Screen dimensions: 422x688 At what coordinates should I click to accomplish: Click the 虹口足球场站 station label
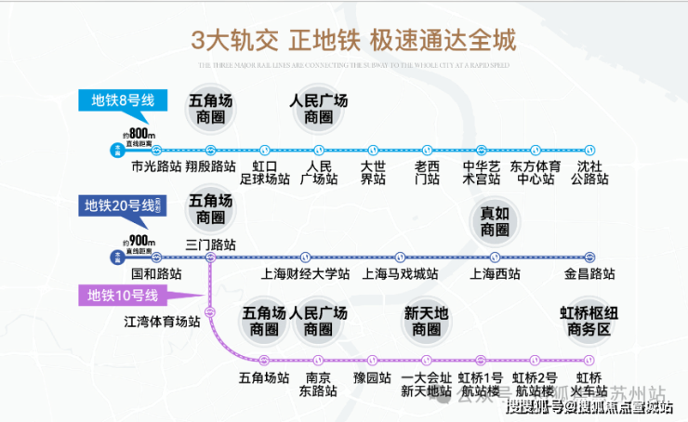[266, 172]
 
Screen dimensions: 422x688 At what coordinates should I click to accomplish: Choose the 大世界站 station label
[372, 172]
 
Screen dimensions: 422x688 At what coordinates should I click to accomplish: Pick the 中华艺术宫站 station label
[481, 172]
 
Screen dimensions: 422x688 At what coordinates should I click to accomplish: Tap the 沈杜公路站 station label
[588, 172]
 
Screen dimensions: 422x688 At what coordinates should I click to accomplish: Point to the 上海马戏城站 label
[401, 275]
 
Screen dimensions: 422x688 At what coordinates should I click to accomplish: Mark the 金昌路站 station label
[589, 275]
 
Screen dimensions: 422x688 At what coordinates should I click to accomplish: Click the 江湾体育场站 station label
[162, 322]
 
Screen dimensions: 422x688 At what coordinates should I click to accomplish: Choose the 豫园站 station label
[371, 378]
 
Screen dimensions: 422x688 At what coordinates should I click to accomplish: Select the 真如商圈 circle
[495, 221]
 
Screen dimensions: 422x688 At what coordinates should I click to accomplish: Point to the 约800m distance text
[139, 134]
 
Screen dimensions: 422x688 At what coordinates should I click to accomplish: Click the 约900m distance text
[139, 241]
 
